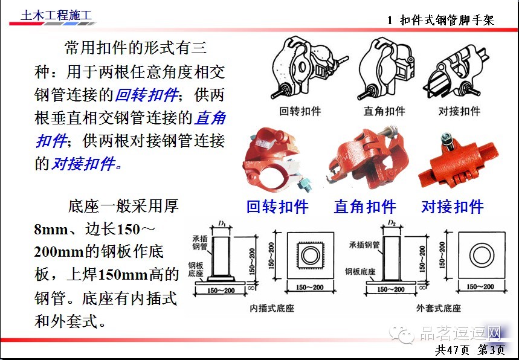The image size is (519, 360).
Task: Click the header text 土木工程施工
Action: coord(53,16)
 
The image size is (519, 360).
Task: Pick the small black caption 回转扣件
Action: coord(300,111)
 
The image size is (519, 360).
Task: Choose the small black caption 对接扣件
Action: coord(459,111)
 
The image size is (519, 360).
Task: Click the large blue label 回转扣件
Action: coord(277,207)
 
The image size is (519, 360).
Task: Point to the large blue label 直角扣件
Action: coord(365,207)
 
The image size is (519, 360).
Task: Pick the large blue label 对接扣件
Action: coord(453,207)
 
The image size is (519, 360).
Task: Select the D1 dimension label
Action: coord(222,224)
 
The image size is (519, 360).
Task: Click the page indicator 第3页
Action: coord(491,350)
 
